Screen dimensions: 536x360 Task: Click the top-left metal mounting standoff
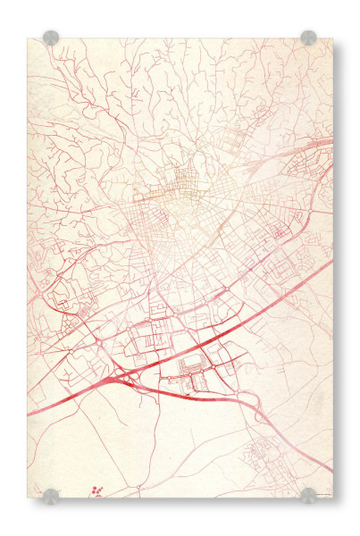click(51, 38)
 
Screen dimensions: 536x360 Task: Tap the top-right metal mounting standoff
click(308, 38)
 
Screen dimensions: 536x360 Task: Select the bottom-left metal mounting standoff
click(51, 496)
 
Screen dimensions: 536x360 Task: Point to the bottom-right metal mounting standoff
click(308, 496)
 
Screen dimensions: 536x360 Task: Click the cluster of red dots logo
click(96, 490)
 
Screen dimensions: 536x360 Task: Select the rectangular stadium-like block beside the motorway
click(192, 364)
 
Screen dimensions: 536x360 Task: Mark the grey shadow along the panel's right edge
click(337, 268)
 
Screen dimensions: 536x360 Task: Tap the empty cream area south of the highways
click(161, 447)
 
